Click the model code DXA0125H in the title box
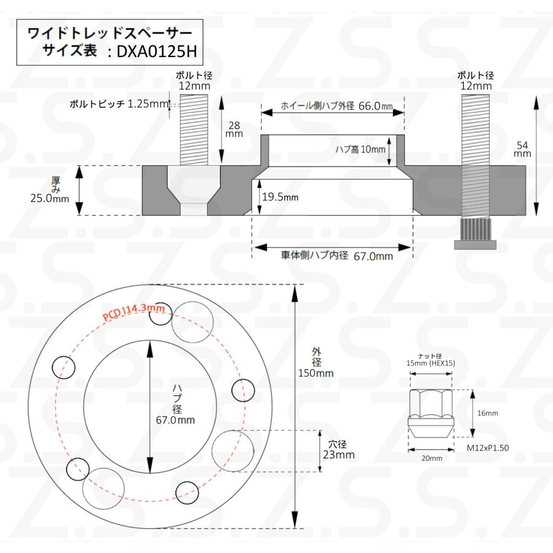click(x=156, y=52)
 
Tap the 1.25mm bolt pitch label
click(x=147, y=104)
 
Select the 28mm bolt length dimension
click(x=234, y=129)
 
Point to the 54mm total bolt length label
click(x=522, y=149)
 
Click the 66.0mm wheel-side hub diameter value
click(x=375, y=106)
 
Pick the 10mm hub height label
click(x=373, y=149)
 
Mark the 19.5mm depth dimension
click(x=280, y=197)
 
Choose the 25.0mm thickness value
click(x=50, y=198)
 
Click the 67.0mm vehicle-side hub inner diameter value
click(x=373, y=256)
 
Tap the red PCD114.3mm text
click(x=134, y=312)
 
